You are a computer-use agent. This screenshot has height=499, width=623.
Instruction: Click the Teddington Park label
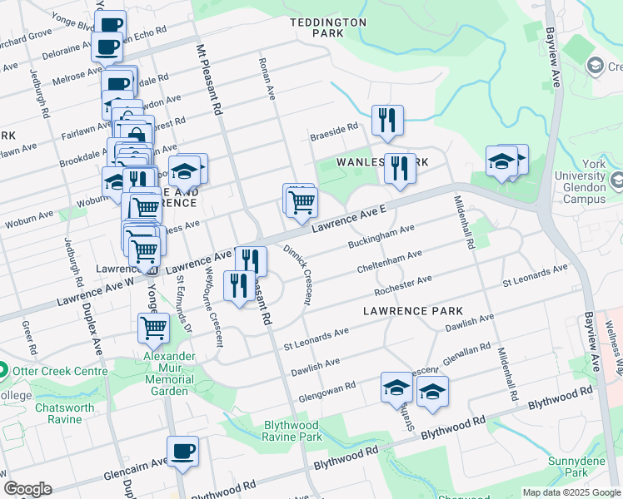327,27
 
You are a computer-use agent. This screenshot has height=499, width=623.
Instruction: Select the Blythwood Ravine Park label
292,430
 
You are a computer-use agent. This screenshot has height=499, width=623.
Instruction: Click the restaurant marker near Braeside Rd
387,120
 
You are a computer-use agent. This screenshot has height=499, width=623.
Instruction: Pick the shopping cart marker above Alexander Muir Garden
153,329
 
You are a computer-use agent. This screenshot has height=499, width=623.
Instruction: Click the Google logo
27,489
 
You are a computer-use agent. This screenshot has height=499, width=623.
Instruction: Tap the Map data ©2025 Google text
571,492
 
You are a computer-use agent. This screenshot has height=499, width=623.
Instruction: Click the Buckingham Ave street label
381,238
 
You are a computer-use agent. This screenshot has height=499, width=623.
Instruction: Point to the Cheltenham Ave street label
389,262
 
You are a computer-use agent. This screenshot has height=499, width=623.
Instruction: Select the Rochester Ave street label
403,286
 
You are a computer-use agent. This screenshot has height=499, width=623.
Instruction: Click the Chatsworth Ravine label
58,413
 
